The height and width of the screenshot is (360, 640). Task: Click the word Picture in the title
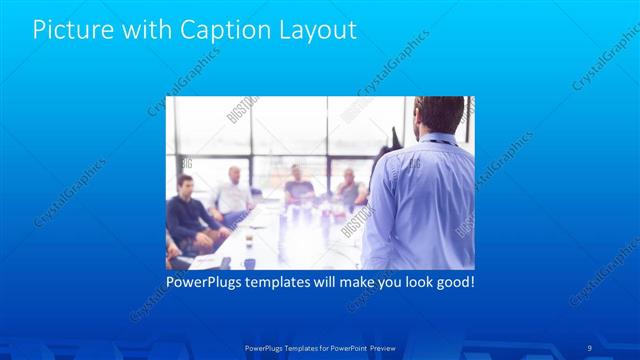click(69, 30)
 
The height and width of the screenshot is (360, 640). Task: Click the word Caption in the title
click(220, 30)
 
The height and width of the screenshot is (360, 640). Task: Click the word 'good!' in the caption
click(453, 282)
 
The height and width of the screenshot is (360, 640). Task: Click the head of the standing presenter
click(439, 115)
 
